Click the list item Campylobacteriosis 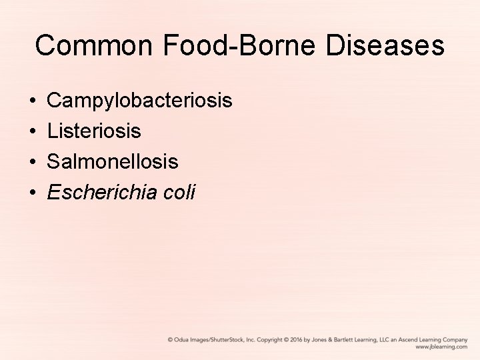(139, 101)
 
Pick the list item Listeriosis (94, 131)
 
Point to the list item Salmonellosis (113, 162)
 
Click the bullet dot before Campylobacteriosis (33, 102)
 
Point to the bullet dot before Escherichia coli (33, 193)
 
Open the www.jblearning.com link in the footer (441, 347)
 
